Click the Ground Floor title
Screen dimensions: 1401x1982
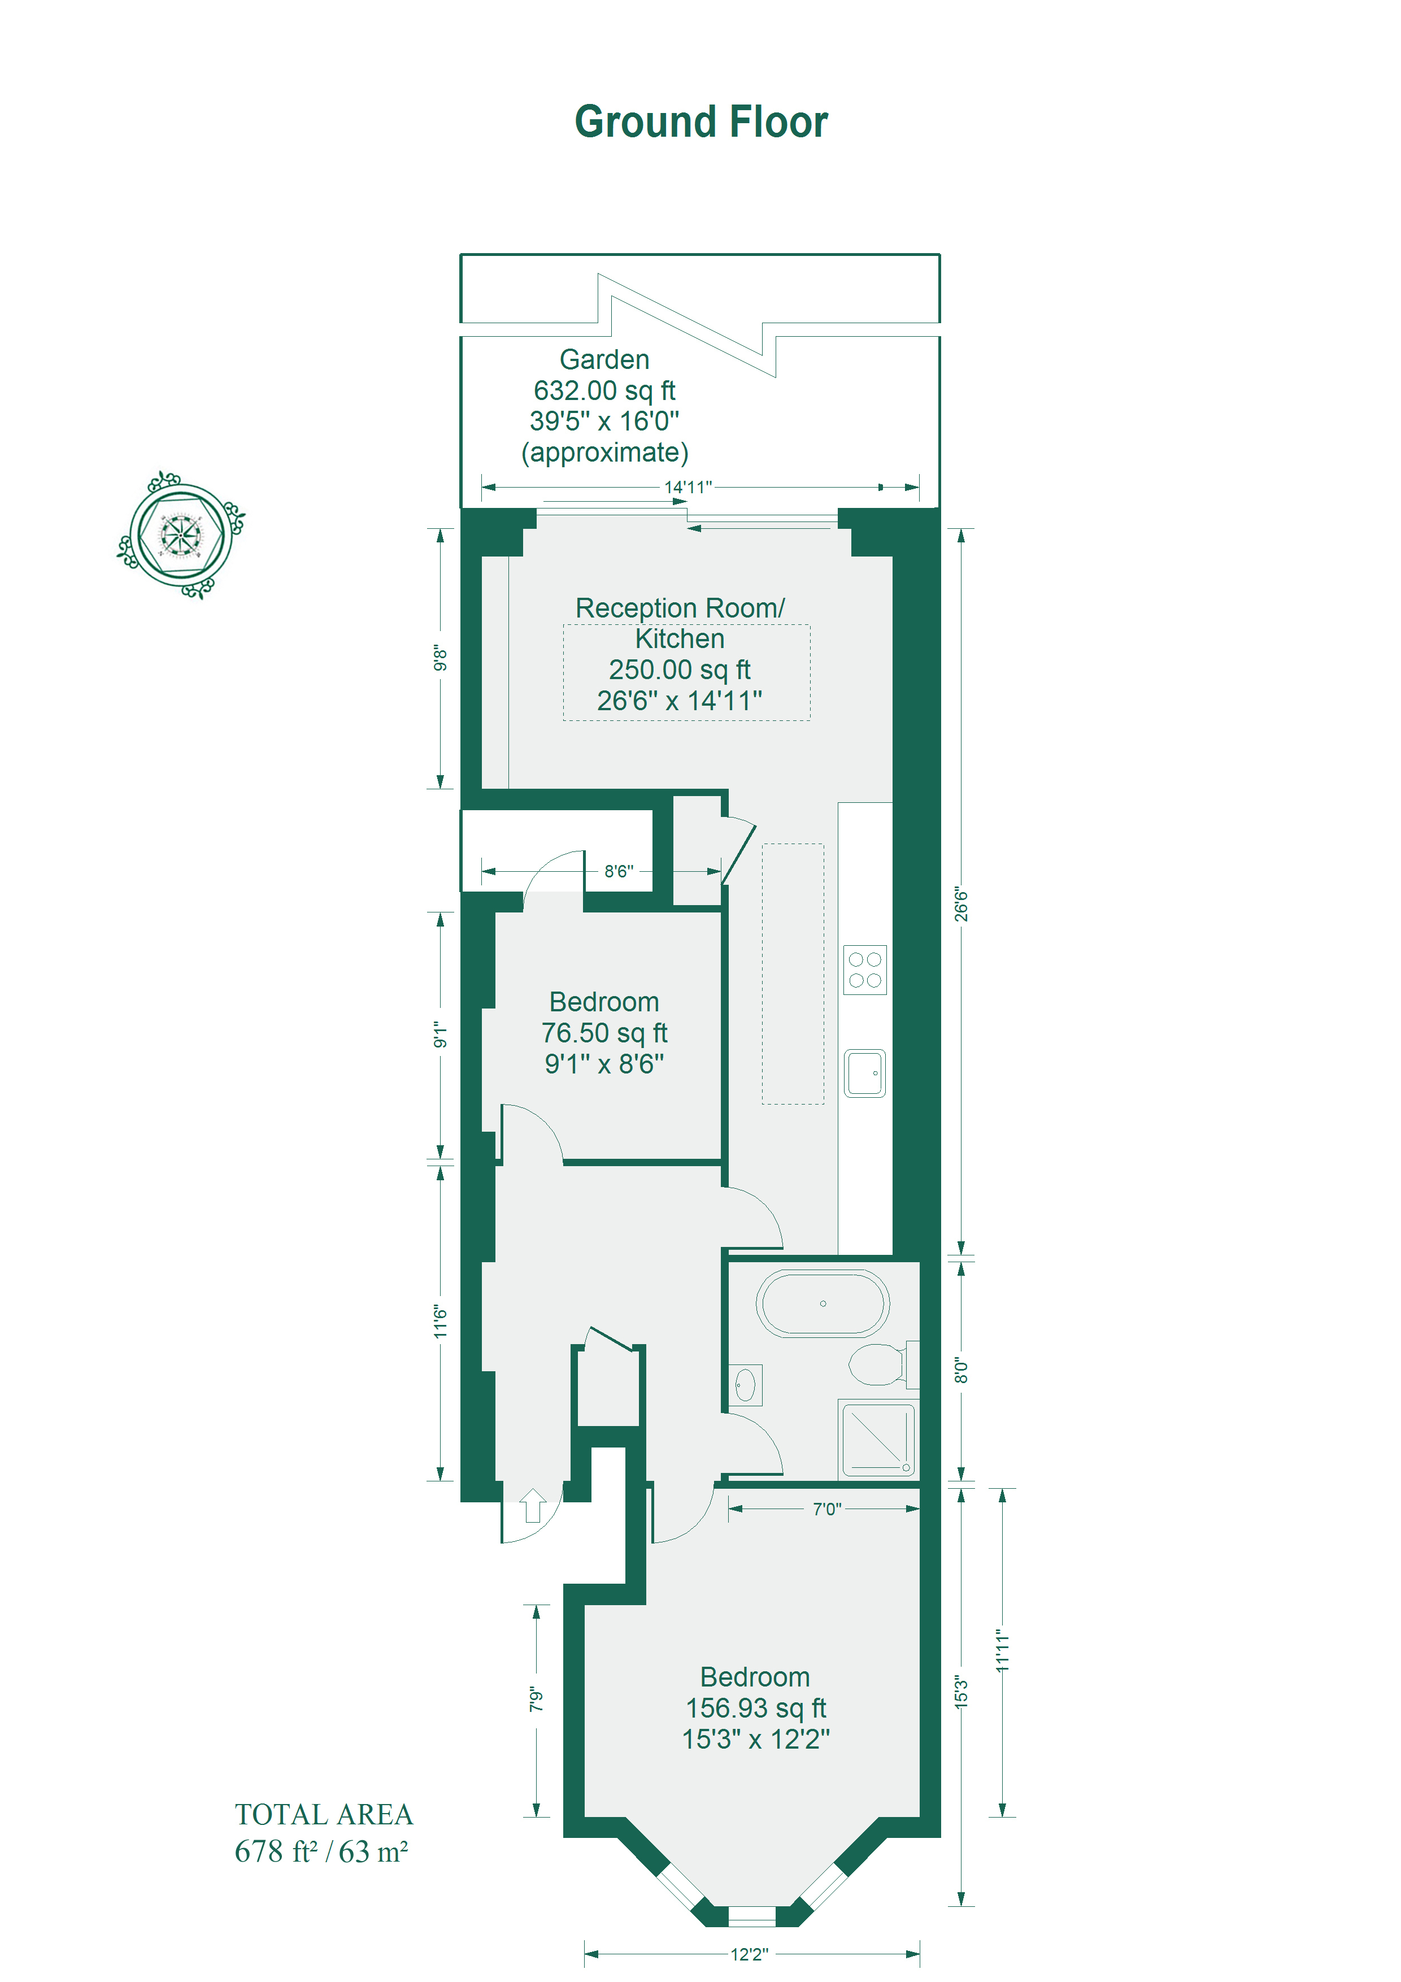click(701, 121)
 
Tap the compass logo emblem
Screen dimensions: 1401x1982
click(181, 535)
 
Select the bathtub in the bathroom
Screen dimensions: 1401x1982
click(823, 1303)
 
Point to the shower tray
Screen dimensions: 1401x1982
click(878, 1439)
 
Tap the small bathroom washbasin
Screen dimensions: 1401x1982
click(745, 1385)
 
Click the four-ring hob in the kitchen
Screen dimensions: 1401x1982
click(865, 970)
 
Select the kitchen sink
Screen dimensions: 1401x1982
click(865, 1073)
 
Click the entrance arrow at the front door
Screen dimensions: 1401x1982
click(533, 1506)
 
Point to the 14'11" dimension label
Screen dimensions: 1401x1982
click(688, 487)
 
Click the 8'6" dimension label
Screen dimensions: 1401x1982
click(619, 871)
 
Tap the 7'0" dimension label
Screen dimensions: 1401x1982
click(827, 1509)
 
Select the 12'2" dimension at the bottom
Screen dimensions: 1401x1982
click(749, 1954)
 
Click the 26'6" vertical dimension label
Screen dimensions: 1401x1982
click(961, 904)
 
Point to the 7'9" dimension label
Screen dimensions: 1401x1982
click(536, 1700)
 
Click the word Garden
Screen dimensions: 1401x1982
click(604, 359)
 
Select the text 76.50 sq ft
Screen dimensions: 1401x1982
click(604, 1032)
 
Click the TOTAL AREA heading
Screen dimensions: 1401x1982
click(324, 1815)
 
